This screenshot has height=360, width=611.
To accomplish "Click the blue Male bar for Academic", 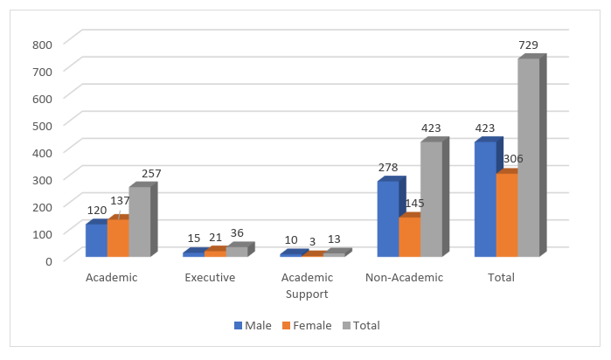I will pos(96,240).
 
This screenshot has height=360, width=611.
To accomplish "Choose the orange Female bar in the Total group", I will pos(506,215).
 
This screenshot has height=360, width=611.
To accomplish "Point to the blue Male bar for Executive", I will pos(193,254).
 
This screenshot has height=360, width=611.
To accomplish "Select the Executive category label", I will pos(210,278).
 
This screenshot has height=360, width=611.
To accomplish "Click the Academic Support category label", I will pos(307,286).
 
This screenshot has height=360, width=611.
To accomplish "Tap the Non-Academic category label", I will pos(404,278).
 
